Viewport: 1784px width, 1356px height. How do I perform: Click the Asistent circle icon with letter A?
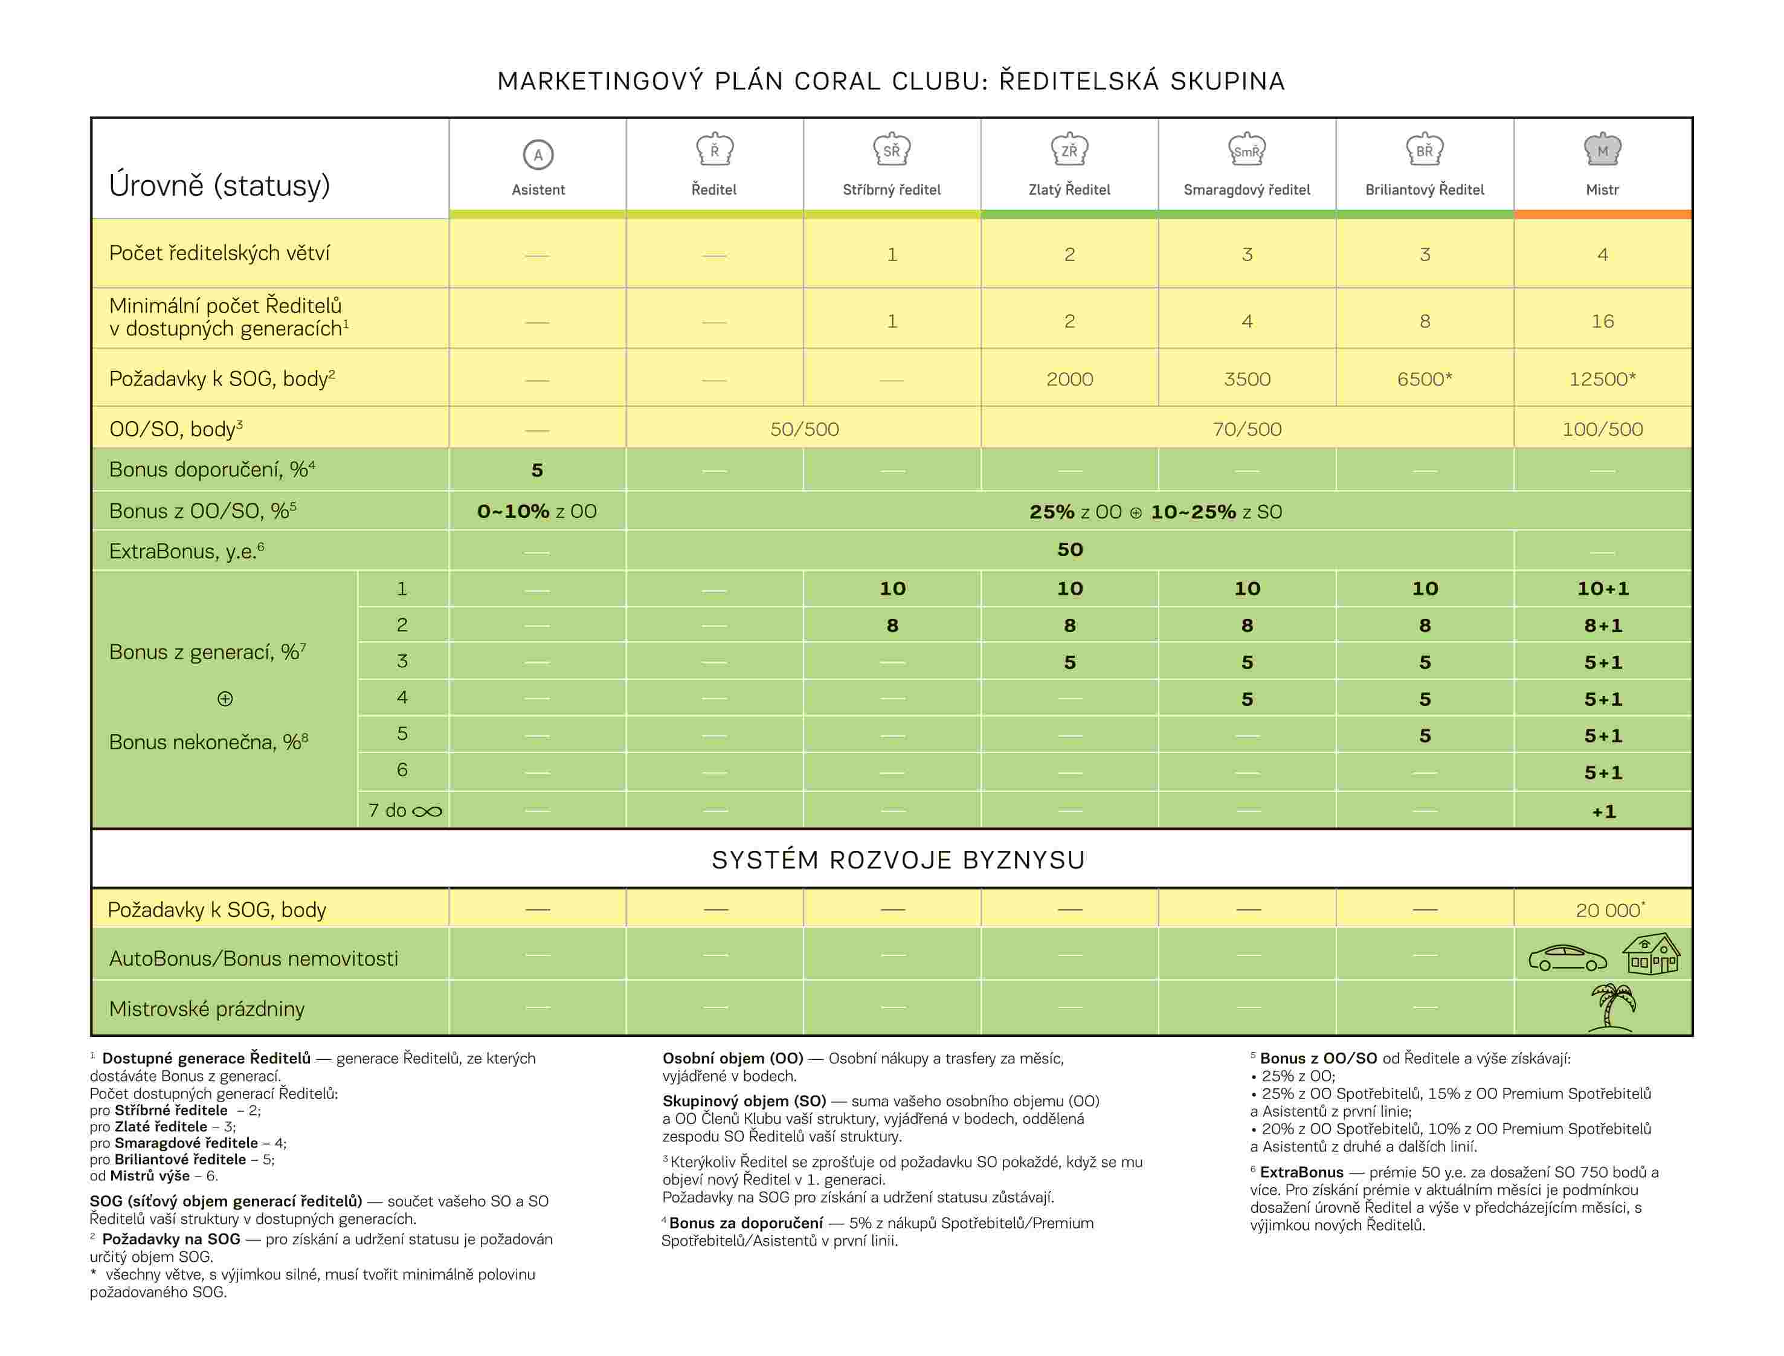[538, 154]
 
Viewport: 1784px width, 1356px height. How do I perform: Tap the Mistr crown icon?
[1602, 149]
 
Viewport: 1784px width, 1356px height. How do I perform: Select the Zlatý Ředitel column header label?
[1069, 190]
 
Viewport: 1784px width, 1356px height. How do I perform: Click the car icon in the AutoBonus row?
[1567, 958]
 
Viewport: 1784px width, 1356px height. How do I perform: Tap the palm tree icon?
[1613, 1007]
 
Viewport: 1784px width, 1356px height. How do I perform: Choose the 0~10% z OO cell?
[538, 512]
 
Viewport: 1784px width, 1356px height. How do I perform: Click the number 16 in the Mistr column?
[1602, 321]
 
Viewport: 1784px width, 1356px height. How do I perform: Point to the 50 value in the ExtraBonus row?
[1070, 550]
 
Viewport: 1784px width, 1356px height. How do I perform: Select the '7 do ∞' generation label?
[405, 810]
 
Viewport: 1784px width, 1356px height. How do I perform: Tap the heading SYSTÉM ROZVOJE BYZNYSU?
[898, 860]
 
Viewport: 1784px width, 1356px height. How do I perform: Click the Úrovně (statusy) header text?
[219, 186]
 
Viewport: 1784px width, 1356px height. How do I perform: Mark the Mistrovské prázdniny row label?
[207, 1009]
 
